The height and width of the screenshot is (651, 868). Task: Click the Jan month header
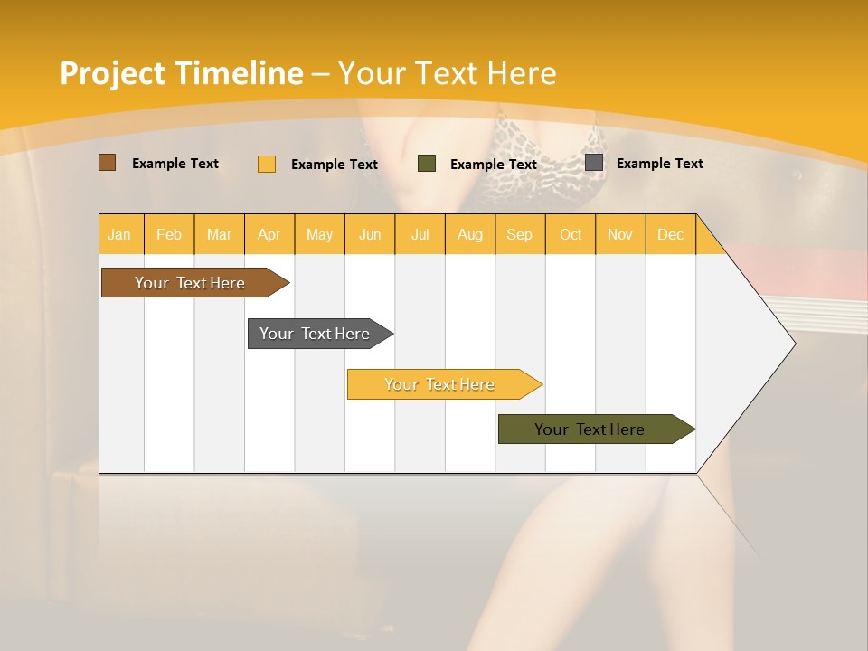click(x=120, y=234)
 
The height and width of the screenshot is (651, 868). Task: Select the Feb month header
click(x=169, y=234)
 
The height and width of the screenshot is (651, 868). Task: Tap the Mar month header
click(x=219, y=234)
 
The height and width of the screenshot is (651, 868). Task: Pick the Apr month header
click(x=269, y=234)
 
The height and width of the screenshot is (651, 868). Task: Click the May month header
click(x=319, y=234)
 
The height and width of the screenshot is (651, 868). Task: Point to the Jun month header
click(x=370, y=234)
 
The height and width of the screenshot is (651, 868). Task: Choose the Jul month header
click(x=420, y=234)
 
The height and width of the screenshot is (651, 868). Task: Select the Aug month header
click(x=470, y=234)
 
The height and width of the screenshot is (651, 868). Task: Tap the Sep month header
click(x=520, y=234)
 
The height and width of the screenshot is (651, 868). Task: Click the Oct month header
click(x=571, y=234)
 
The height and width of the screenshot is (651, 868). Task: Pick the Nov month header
click(x=620, y=234)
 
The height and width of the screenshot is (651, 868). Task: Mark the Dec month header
click(x=671, y=234)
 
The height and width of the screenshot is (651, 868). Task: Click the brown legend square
click(x=108, y=163)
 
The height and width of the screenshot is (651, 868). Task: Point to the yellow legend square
click(x=267, y=164)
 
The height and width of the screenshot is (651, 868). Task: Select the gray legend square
click(x=594, y=163)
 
